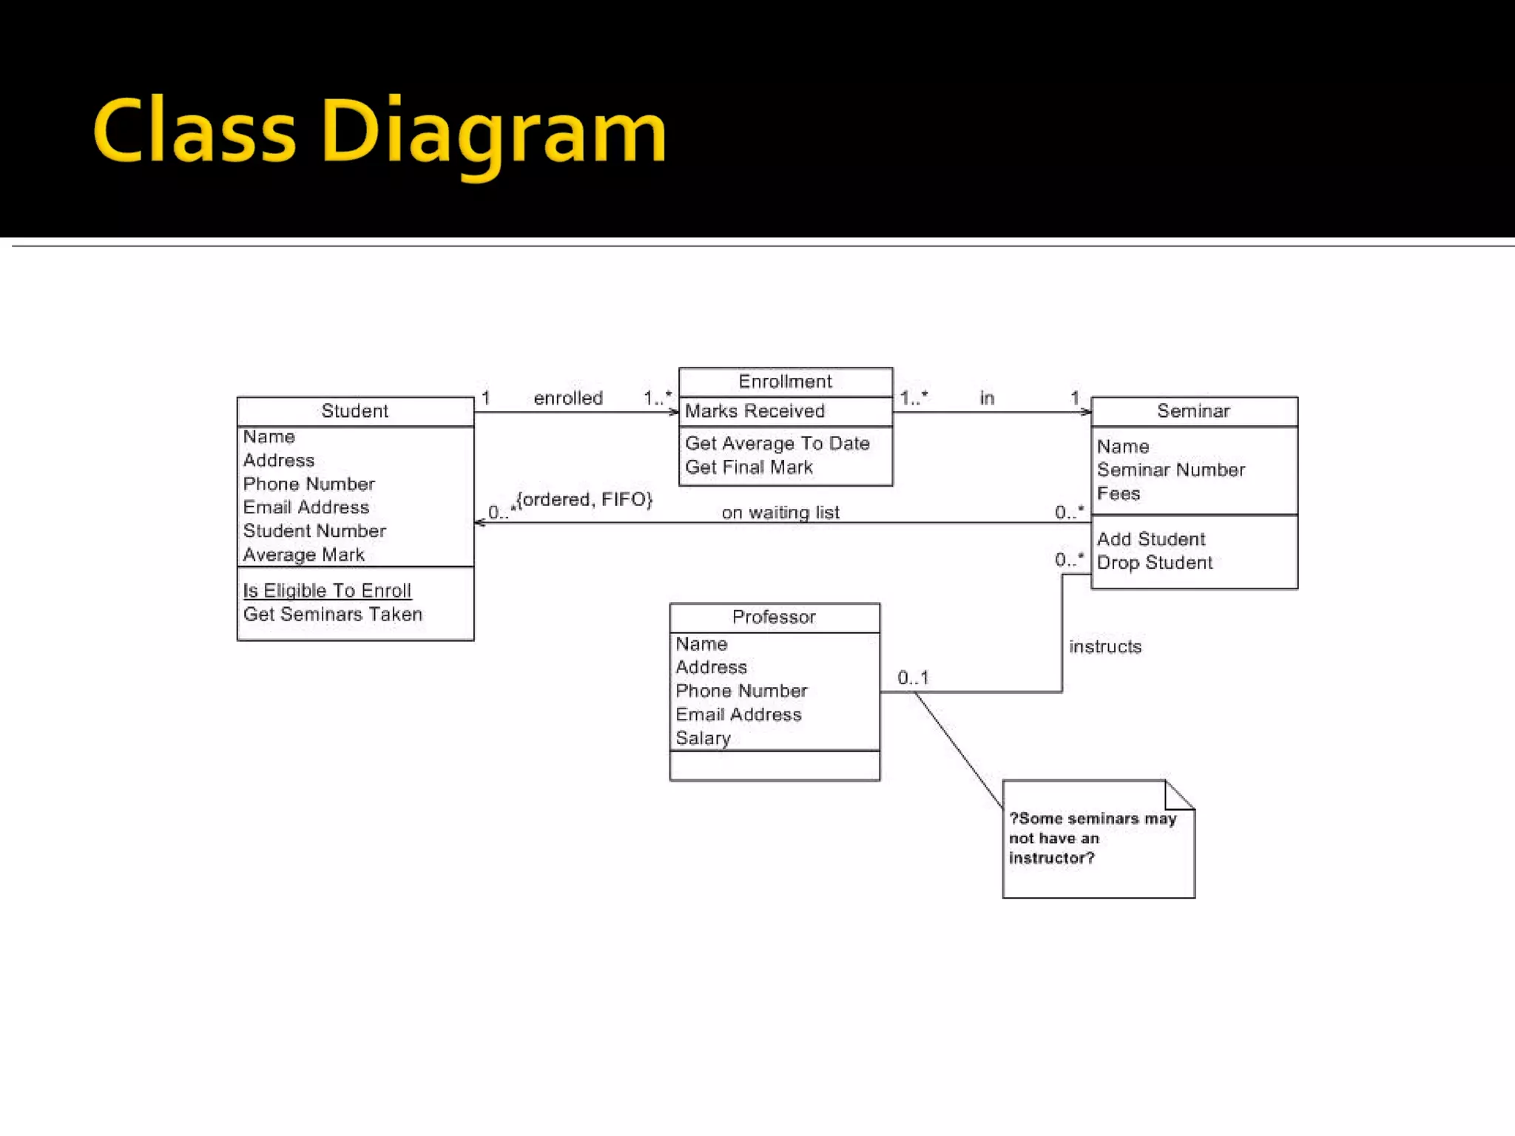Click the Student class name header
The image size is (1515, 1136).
tap(354, 411)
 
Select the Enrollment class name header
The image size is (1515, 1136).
tap(785, 382)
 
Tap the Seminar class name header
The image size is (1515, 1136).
tap(1193, 411)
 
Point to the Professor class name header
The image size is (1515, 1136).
tap(774, 618)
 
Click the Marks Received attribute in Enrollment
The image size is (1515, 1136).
tap(755, 411)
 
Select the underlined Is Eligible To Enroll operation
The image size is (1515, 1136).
tap(327, 591)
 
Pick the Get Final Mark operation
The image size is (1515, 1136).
tap(749, 467)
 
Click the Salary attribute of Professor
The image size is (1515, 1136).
tap(703, 738)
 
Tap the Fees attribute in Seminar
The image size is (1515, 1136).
tap(1118, 493)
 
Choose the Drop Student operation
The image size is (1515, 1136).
tap(1154, 563)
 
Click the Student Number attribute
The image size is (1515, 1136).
tap(314, 531)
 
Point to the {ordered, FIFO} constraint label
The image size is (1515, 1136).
tap(584, 500)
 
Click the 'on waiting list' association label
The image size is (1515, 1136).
tap(780, 513)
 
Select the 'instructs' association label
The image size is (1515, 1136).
tap(1105, 647)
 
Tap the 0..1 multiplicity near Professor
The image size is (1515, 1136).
tap(913, 677)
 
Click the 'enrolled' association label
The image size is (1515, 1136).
tap(568, 399)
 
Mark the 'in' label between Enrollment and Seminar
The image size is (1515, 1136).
tap(987, 399)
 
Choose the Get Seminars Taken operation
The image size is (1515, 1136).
tap(332, 615)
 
